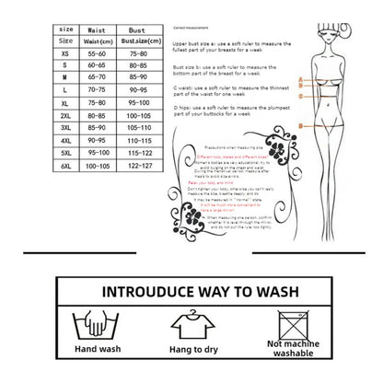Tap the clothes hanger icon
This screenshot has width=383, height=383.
192,323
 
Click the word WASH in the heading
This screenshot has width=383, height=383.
275,294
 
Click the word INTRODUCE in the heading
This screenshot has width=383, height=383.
147,294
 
